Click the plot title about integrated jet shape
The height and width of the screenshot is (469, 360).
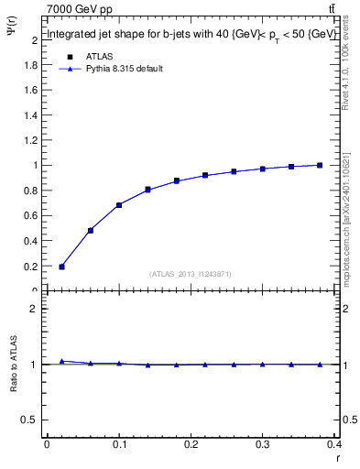pos(190,35)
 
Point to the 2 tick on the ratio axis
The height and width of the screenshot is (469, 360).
pos(36,309)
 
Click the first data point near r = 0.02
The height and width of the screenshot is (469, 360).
pos(61,267)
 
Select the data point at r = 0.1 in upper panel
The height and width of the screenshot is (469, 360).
pos(119,205)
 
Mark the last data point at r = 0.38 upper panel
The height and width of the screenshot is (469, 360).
pos(320,165)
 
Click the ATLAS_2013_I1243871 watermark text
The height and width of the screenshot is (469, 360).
pos(191,274)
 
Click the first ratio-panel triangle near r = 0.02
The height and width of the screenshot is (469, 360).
pos(61,361)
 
